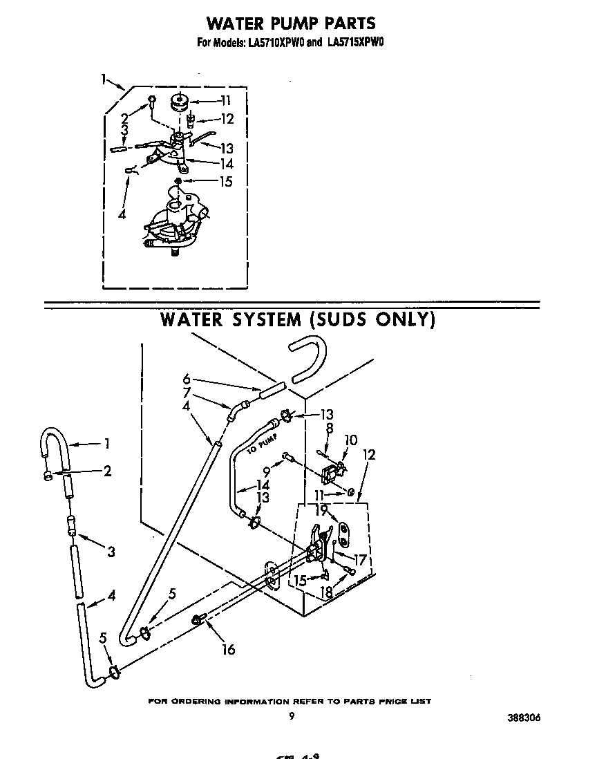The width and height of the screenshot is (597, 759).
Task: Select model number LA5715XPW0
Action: tap(356, 42)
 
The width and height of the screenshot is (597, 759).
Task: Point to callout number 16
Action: tap(228, 649)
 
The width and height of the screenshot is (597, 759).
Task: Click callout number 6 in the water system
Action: tap(187, 379)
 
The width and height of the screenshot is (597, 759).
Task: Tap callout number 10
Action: tap(351, 440)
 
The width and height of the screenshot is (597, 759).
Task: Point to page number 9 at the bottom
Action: tap(291, 717)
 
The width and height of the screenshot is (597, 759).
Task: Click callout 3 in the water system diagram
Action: tap(111, 551)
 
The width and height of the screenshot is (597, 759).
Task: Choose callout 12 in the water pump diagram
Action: tap(227, 118)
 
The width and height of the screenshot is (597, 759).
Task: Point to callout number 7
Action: tap(187, 393)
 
